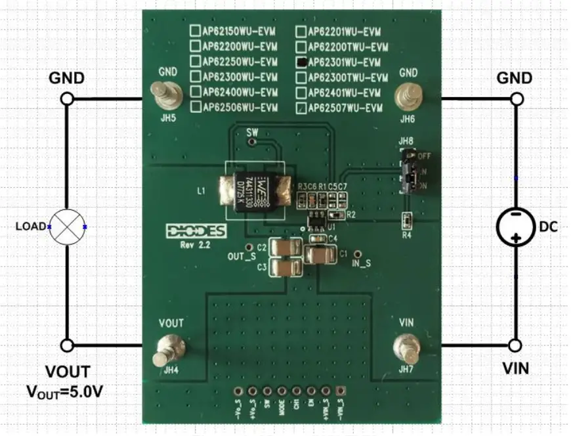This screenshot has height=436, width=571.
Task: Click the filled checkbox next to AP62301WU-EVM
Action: (x=301, y=62)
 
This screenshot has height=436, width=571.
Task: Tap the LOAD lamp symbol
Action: (x=66, y=227)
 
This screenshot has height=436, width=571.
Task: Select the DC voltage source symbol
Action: (x=516, y=227)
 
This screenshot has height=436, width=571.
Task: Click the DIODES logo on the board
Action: (x=196, y=232)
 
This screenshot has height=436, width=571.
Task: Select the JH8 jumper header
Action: (x=409, y=171)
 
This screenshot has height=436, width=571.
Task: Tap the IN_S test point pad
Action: (x=358, y=253)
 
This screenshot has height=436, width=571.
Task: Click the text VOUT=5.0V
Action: (x=64, y=393)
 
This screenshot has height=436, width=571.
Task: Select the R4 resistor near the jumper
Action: (x=407, y=220)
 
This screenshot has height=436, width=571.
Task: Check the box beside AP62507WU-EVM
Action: (x=301, y=108)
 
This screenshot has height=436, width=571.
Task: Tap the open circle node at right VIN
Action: (x=516, y=345)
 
